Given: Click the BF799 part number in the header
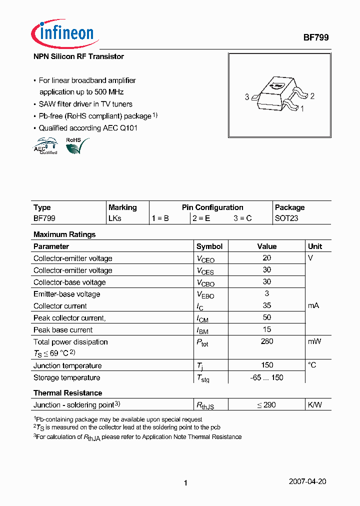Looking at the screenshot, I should tap(316, 37).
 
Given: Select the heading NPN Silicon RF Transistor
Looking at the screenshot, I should tap(78, 56).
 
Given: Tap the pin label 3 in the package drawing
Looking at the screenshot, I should tap(247, 97).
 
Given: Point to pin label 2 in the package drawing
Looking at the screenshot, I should tap(312, 96).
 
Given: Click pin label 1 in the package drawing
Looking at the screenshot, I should tap(302, 107).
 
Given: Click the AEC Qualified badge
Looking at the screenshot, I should tap(45, 147).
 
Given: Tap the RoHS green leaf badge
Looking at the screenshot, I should tap(76, 145).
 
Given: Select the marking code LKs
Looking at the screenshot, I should tap(115, 218).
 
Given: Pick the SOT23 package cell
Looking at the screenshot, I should tap(286, 218).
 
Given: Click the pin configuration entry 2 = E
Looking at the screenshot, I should tap(201, 218).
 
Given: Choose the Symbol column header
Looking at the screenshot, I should tap(209, 246).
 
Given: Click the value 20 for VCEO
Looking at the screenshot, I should tap(266, 258).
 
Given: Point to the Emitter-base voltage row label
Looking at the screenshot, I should tap(66, 294).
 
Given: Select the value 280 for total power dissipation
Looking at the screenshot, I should tap(267, 341).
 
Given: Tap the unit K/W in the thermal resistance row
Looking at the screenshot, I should tap(315, 404).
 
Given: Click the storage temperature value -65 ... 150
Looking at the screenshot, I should tap(266, 377).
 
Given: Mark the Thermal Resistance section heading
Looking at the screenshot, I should tap(67, 393).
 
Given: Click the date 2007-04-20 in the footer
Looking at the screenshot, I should tap(307, 482).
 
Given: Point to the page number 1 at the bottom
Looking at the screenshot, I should tap(185, 483).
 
